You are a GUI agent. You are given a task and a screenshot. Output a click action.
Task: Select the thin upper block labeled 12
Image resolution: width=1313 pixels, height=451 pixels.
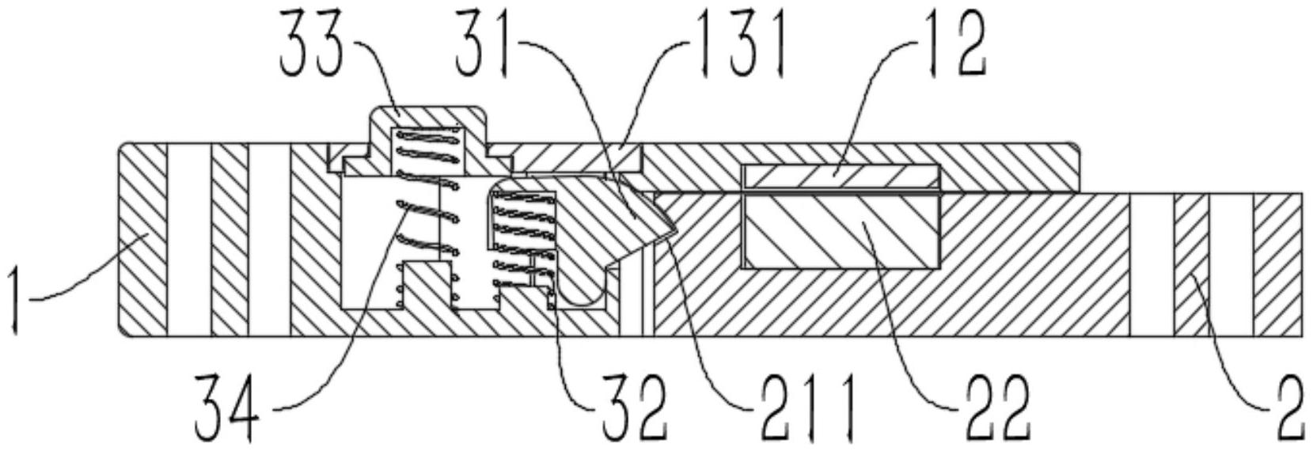(841, 177)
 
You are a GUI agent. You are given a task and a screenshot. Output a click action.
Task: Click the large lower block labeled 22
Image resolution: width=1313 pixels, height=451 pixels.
(841, 231)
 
